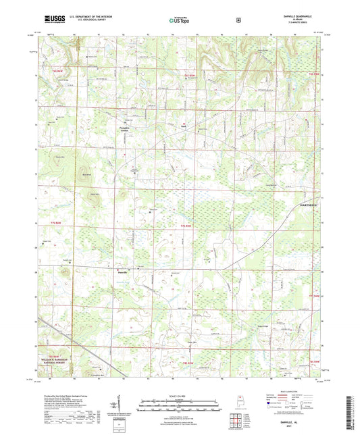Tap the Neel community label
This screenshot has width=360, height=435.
click(182, 125)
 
